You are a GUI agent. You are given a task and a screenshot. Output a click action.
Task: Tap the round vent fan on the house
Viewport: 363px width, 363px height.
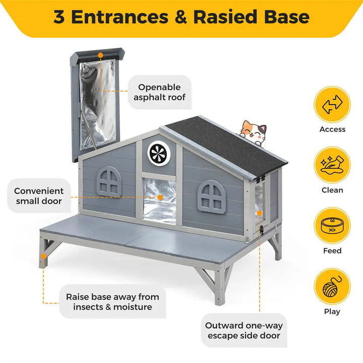pos(156,152)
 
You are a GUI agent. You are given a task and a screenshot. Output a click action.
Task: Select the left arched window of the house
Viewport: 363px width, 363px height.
pos(109,181)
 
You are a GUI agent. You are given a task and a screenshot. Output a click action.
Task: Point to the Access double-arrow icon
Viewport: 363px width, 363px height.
pos(332,105)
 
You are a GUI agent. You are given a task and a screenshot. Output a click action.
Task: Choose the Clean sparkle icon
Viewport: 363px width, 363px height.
pos(332,165)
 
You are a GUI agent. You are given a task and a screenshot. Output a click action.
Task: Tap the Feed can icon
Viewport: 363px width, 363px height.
pos(332,226)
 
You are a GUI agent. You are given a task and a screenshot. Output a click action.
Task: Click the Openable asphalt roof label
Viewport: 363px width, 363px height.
pos(159,92)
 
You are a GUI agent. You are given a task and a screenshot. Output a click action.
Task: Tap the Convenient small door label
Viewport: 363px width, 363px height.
pos(39,196)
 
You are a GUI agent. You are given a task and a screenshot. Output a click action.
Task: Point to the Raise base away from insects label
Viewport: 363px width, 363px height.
pos(112,301)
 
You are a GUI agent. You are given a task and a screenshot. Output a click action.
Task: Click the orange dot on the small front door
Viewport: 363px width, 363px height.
pos(160,198)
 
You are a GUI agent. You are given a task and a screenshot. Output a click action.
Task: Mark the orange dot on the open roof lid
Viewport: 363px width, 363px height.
pos(100,54)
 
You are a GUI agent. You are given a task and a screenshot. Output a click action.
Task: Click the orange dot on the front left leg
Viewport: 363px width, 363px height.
pos(44,256)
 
